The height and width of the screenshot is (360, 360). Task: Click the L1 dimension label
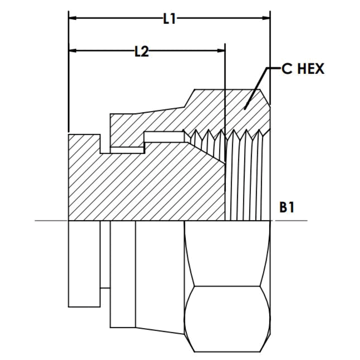(x=169, y=19)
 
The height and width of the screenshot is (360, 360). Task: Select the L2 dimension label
(x=142, y=52)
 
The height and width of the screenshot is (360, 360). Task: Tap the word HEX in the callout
(x=310, y=69)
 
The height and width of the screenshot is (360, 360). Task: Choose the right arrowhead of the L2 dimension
(x=221, y=51)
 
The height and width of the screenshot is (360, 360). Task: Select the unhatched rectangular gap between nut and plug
(x=163, y=136)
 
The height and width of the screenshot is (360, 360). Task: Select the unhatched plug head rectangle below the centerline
(x=84, y=263)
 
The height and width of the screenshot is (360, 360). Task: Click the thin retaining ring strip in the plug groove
(x=127, y=150)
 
